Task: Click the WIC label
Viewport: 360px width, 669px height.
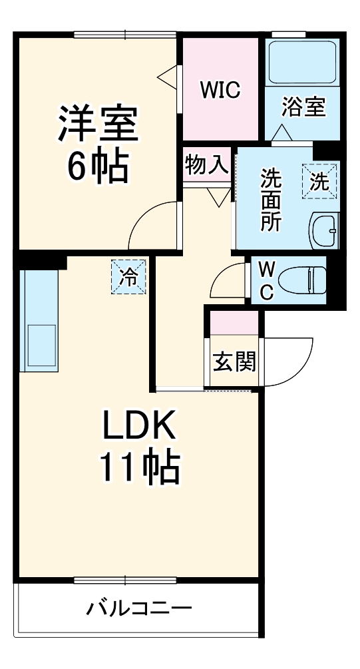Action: (220, 89)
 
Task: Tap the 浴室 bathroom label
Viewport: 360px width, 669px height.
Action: (303, 107)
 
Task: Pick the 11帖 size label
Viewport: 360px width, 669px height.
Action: (140, 468)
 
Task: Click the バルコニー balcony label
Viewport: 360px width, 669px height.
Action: (139, 608)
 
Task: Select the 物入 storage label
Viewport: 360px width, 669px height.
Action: (206, 165)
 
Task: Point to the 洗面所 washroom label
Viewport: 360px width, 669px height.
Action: (270, 200)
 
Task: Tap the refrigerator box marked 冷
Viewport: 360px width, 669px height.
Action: (128, 276)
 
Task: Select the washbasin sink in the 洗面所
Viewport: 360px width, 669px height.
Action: (325, 231)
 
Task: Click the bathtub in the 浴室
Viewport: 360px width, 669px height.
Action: (303, 62)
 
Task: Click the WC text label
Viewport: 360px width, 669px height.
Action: (266, 280)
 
